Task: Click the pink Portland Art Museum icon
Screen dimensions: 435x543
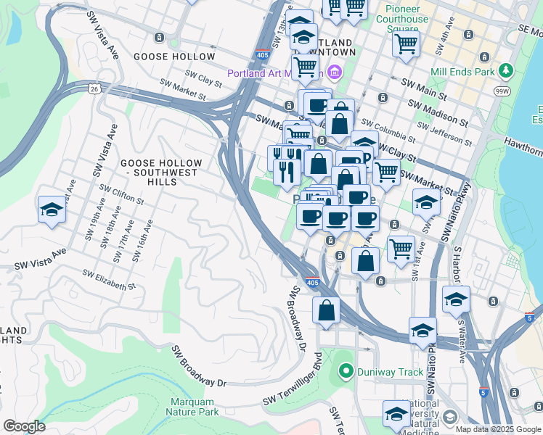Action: [x=334, y=72]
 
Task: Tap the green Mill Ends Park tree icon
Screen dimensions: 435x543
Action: [x=505, y=71]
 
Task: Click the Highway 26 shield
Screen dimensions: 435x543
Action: [x=96, y=88]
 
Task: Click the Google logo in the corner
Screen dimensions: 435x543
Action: [x=24, y=426]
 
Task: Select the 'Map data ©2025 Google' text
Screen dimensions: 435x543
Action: [x=498, y=429]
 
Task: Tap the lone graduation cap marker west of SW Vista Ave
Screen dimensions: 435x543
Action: [x=52, y=210]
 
